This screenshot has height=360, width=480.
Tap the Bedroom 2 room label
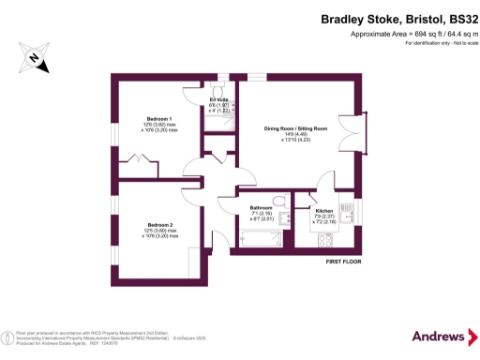pyautogui.click(x=158, y=225)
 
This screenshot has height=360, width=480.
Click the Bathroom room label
pyautogui.click(x=260, y=208)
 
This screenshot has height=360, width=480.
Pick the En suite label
pyautogui.click(x=219, y=99)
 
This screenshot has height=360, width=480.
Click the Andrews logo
pyautogui.click(x=438, y=335)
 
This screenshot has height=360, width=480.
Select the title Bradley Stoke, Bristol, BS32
pyautogui.click(x=398, y=18)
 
